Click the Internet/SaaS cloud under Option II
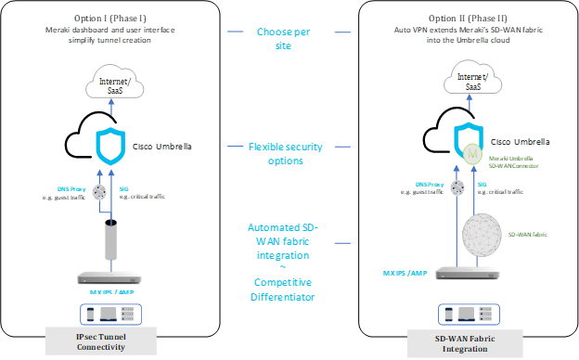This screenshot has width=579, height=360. (472, 82)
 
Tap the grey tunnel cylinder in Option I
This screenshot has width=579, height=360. (111, 240)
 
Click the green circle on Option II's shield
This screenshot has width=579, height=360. (474, 150)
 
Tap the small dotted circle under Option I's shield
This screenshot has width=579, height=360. (97, 192)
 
